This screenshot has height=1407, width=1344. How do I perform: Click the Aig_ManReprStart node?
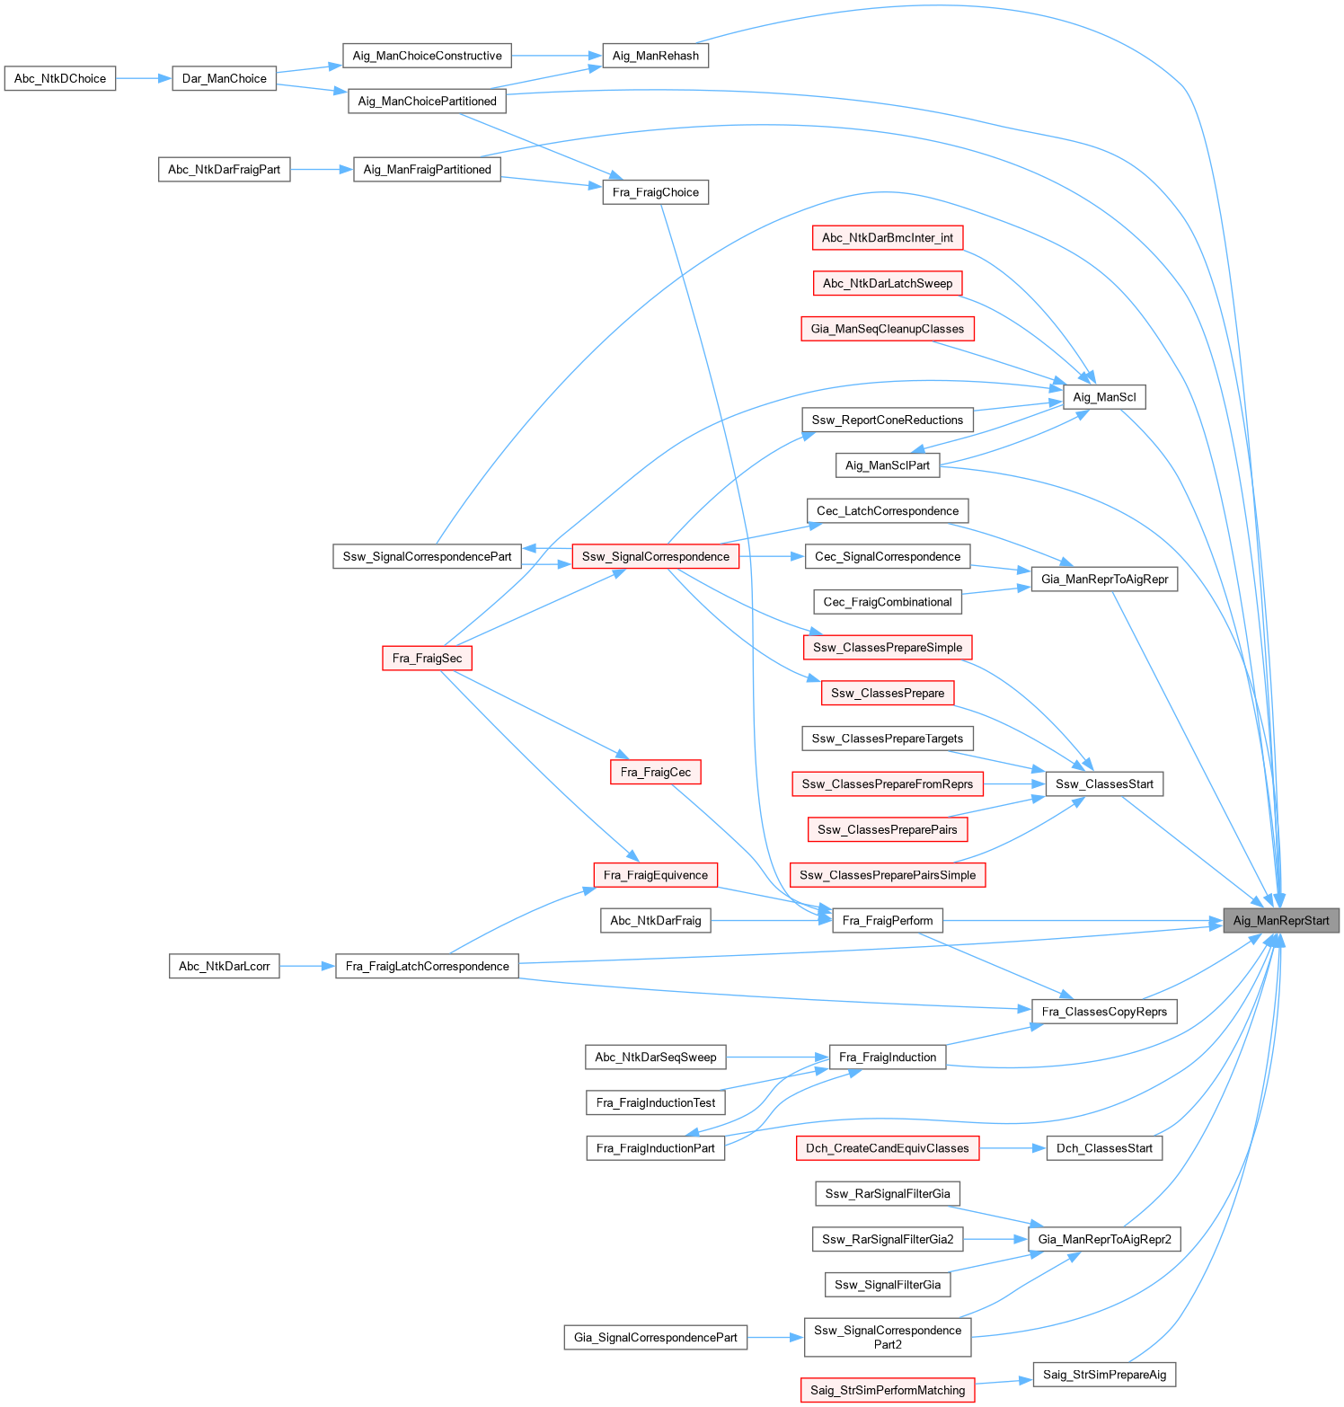pyautogui.click(x=1280, y=920)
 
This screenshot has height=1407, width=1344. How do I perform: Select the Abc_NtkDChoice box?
pyautogui.click(x=60, y=78)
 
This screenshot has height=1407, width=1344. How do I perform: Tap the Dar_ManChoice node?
pyautogui.click(x=224, y=78)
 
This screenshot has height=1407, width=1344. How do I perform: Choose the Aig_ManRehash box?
pyautogui.click(x=655, y=56)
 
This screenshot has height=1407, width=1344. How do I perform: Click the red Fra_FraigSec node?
pyautogui.click(x=427, y=658)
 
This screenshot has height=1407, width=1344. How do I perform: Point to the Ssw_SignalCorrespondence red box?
pyautogui.click(x=655, y=556)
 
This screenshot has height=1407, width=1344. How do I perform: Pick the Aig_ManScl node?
pyautogui.click(x=1104, y=397)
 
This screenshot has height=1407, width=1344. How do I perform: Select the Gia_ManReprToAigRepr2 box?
pyautogui.click(x=1104, y=1239)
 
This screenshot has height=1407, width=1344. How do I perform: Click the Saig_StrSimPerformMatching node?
pyautogui.click(x=888, y=1390)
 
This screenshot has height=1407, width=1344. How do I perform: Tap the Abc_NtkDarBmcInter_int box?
pyautogui.click(x=888, y=238)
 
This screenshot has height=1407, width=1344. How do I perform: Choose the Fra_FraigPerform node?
pyautogui.click(x=888, y=920)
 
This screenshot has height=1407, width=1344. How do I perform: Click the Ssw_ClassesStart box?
pyautogui.click(x=1104, y=783)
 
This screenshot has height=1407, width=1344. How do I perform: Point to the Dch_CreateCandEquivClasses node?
pyautogui.click(x=888, y=1148)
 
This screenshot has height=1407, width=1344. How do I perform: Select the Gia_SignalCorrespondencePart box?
pyautogui.click(x=655, y=1337)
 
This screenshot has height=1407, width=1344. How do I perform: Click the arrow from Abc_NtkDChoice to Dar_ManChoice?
pyautogui.click(x=144, y=78)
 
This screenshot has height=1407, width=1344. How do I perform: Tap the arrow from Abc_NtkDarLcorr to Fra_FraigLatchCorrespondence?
pyautogui.click(x=307, y=966)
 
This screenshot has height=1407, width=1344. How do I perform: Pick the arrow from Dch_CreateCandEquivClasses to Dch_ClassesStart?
pyautogui.click(x=1012, y=1148)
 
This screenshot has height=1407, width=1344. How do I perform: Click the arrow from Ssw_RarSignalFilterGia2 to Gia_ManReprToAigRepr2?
pyautogui.click(x=995, y=1239)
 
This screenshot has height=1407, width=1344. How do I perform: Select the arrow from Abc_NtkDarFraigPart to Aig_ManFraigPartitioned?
pyautogui.click(x=322, y=169)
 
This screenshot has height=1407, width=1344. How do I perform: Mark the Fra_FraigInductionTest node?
pyautogui.click(x=655, y=1102)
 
